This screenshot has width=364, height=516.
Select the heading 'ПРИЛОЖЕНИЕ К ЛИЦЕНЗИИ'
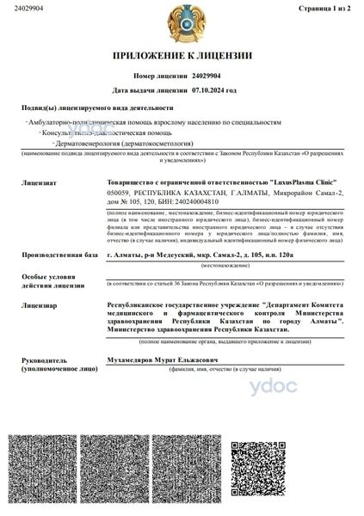pos(182,56)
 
